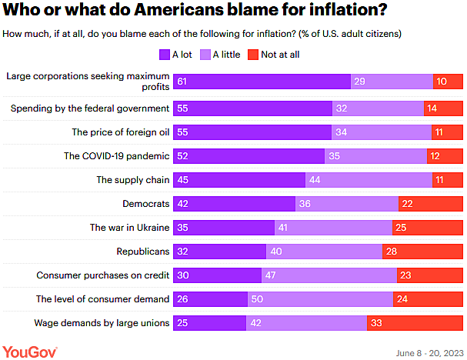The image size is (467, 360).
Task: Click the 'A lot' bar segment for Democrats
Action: (235, 204)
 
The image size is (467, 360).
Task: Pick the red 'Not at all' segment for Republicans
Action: (423, 252)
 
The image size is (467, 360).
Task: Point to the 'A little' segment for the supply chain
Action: (369, 180)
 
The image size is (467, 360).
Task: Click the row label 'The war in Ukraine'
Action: (129, 228)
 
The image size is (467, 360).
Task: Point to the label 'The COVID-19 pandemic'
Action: (116, 156)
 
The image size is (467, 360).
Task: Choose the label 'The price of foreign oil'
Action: (120, 132)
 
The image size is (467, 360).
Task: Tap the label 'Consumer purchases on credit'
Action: (103, 275)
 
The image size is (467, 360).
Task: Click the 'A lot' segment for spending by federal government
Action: (253, 108)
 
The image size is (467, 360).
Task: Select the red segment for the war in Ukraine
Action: (433, 228)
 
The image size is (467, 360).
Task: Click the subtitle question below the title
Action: (201, 35)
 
